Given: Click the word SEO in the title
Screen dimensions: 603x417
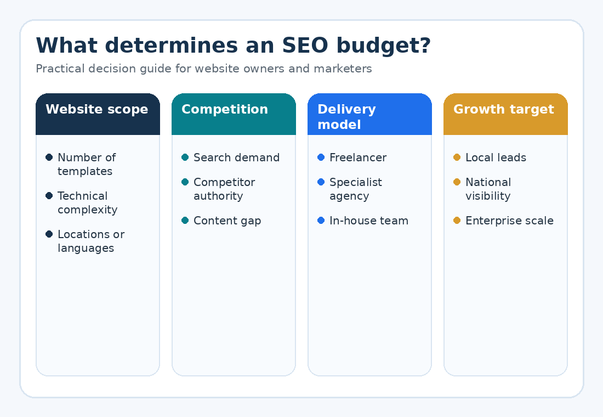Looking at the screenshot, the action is coord(305,46).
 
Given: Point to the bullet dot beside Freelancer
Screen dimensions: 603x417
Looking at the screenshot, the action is coord(321,157).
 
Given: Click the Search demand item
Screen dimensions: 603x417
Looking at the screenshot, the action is coord(236,157).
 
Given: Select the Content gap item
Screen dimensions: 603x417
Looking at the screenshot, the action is coord(227,221).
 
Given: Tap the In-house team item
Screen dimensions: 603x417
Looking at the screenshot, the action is coord(369,221).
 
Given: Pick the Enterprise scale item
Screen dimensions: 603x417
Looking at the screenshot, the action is coord(510,221).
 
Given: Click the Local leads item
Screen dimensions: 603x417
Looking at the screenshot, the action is coord(496,157).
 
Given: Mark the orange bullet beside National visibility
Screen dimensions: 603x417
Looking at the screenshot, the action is coord(457,182).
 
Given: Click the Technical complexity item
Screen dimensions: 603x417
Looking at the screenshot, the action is coord(87,202).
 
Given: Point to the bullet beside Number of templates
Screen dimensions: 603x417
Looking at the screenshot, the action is coord(49,157).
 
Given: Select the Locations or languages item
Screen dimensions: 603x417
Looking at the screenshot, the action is coord(91,241).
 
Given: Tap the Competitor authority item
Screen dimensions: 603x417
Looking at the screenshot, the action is coord(224,189).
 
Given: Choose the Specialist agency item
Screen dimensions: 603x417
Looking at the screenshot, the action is coord(356,189).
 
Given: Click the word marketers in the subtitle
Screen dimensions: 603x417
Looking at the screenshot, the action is coord(343,69).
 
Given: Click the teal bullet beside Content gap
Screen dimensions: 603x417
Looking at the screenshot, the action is coord(185,220).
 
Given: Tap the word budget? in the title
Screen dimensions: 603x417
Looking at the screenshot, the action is coord(383,46).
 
